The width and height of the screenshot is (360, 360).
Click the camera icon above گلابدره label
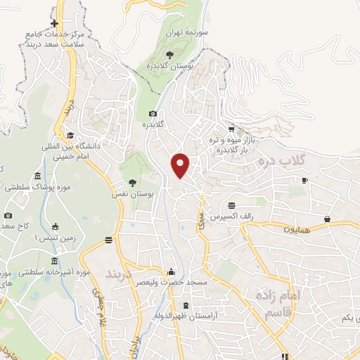tap(153, 114)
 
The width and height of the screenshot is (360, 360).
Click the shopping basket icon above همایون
tap(328, 219)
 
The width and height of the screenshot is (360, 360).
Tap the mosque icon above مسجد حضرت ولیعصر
tap(170, 272)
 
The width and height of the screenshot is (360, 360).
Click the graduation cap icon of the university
tap(70, 136)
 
